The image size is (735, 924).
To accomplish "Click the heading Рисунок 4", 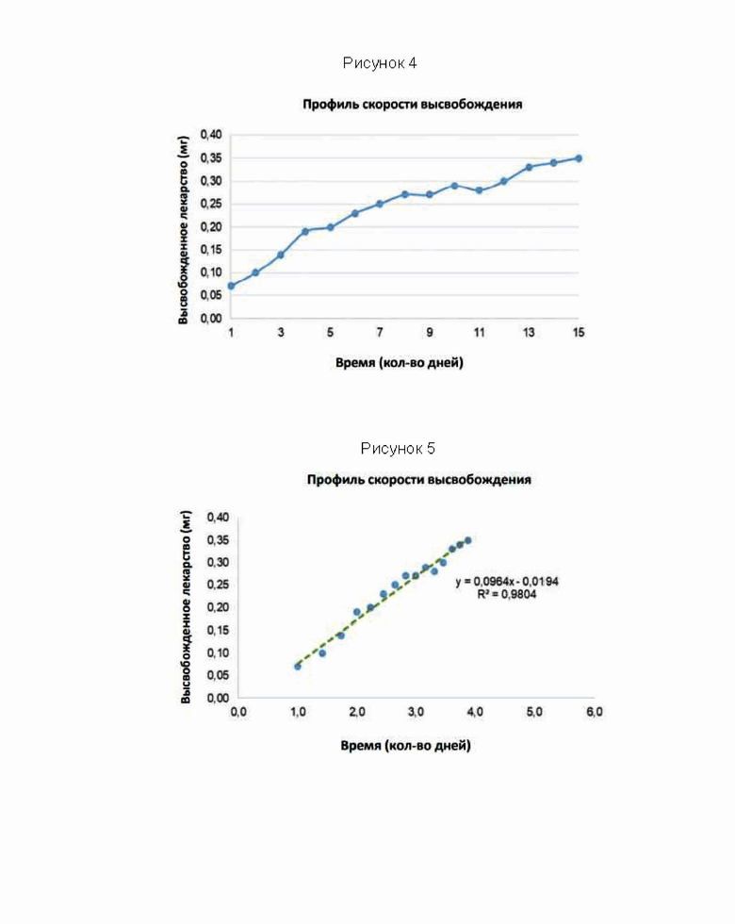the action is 380,63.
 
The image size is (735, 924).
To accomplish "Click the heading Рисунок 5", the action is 398,449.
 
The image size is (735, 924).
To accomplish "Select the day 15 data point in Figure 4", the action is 579,158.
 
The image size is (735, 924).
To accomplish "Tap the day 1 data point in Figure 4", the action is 231,286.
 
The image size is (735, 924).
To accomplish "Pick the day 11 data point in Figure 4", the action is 480,190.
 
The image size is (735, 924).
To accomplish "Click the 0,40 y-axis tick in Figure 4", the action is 211,135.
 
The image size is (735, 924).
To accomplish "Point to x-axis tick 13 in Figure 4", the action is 529,332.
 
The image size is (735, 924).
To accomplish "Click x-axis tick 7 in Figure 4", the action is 380,332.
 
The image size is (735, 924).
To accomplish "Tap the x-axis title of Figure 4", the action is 400,362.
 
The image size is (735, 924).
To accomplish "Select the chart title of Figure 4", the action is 413,105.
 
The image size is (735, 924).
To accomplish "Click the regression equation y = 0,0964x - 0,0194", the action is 507,582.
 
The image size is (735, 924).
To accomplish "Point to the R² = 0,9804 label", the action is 507,594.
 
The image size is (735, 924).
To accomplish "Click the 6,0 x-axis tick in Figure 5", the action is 595,712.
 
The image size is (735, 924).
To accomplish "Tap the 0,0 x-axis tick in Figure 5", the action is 238,712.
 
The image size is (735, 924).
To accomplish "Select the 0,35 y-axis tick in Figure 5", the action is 218,539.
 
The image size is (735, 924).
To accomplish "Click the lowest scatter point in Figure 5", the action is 298,667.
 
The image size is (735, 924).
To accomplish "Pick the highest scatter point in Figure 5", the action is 467,540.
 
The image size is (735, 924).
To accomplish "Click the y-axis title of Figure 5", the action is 186,607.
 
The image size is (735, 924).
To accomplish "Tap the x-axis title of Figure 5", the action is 406,746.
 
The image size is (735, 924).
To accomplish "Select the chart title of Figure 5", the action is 418,480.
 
